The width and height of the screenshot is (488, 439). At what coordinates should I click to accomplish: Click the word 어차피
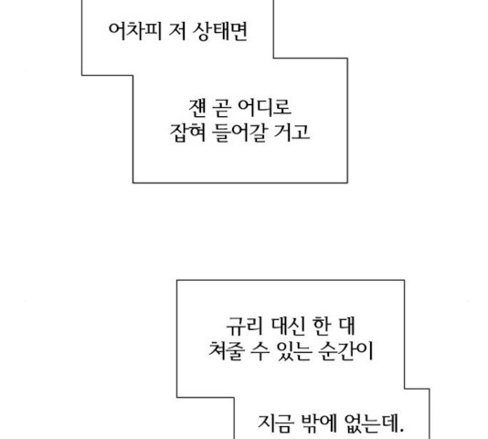pos(135,31)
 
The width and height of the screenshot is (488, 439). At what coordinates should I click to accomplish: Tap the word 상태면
pos(220,31)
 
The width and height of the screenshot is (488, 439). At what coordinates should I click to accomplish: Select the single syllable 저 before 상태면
pos(177,31)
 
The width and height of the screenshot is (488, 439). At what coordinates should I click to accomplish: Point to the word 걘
pos(197,108)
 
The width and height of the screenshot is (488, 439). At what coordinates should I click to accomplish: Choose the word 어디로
pos(264,108)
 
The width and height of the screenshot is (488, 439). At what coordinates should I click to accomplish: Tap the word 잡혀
pos(187,133)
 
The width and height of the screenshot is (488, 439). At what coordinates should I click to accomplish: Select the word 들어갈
pos(239,133)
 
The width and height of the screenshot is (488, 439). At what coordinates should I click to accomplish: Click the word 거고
pos(292,133)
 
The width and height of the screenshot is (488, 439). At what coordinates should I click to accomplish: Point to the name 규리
pos(244,326)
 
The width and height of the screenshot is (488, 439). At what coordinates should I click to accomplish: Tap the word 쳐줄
pos(227,351)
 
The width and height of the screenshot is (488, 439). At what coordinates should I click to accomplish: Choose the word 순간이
pos(345,351)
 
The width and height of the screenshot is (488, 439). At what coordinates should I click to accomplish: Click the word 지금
pos(276,423)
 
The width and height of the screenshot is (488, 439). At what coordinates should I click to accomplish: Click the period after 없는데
pos(401,431)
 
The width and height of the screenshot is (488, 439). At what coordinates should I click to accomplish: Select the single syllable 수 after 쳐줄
pos(260,351)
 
